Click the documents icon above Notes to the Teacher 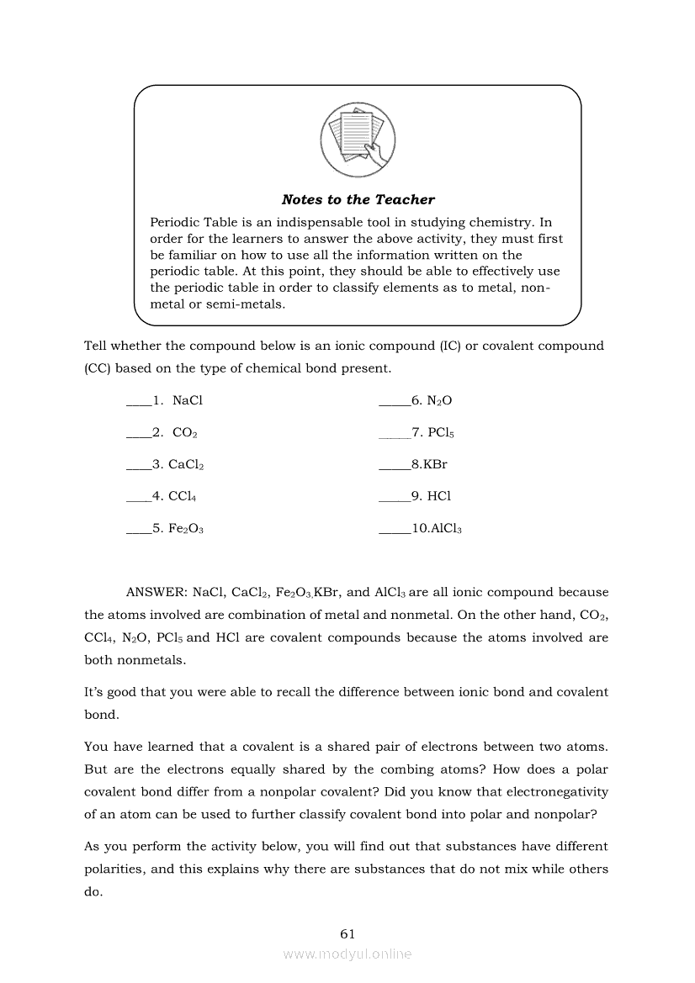[x=358, y=138]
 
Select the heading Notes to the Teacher [x=358, y=199]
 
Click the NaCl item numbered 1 [x=187, y=401]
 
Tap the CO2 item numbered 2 [x=184, y=433]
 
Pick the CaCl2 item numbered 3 [x=186, y=464]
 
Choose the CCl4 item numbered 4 [x=183, y=496]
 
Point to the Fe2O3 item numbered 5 [x=186, y=529]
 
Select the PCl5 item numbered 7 [x=441, y=433]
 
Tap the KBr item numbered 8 [x=435, y=464]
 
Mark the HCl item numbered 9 [x=439, y=496]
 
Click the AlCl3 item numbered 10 [x=445, y=529]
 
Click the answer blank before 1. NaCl [x=138, y=404]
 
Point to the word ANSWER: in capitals [x=156, y=592]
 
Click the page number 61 [x=347, y=933]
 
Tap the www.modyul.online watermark [x=347, y=954]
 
